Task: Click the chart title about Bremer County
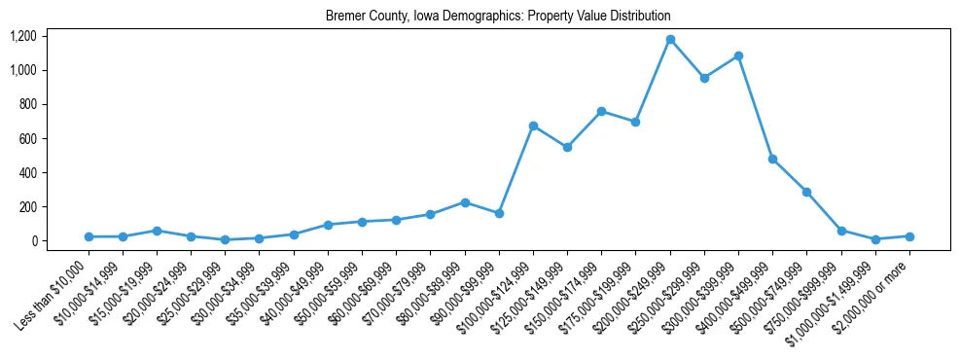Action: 498,17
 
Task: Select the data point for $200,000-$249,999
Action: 670,40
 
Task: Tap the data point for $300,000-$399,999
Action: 738,56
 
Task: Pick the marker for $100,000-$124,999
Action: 533,126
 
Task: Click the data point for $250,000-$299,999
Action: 704,78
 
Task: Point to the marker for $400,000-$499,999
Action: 772,159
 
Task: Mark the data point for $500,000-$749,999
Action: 806,193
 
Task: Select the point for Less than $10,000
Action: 89,236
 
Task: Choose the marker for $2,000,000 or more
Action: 909,236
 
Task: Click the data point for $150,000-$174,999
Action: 601,111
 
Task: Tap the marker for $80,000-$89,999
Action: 465,202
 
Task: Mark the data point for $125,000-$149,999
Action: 567,147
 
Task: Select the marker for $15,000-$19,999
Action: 157,231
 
